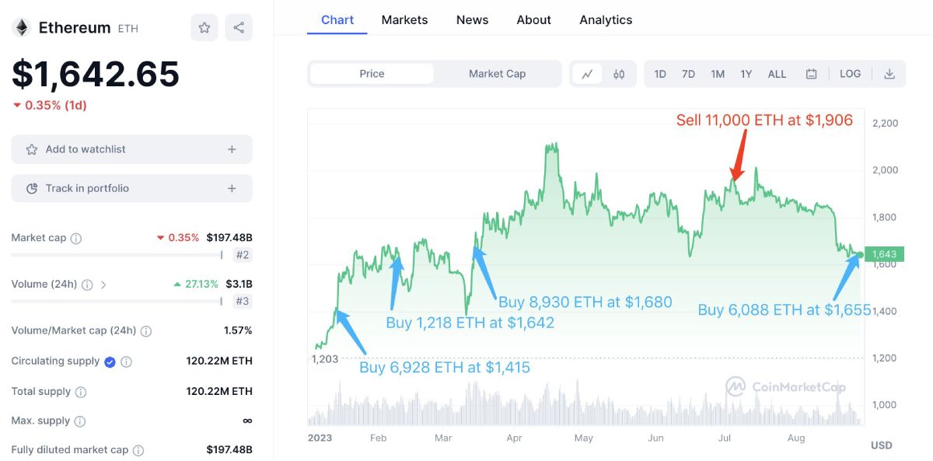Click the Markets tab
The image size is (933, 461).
(404, 20)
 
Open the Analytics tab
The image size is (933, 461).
(606, 20)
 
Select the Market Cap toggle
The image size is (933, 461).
(497, 74)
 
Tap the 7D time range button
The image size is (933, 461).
(688, 74)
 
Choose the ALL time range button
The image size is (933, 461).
(777, 74)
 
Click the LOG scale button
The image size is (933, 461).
(850, 74)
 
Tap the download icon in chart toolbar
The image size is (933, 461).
(889, 74)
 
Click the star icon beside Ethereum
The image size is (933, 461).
(204, 28)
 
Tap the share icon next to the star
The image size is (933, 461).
(239, 28)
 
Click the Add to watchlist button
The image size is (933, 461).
(131, 149)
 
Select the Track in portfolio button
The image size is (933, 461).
(131, 188)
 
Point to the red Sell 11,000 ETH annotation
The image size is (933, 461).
(764, 120)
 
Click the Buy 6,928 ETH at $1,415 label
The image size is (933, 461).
(444, 368)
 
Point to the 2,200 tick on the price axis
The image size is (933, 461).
(885, 124)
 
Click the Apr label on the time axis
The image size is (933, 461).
(514, 438)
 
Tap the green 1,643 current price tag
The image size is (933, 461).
(884, 254)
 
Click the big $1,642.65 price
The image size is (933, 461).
(96, 74)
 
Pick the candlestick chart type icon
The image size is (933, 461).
(619, 74)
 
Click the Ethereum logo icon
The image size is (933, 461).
(21, 28)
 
